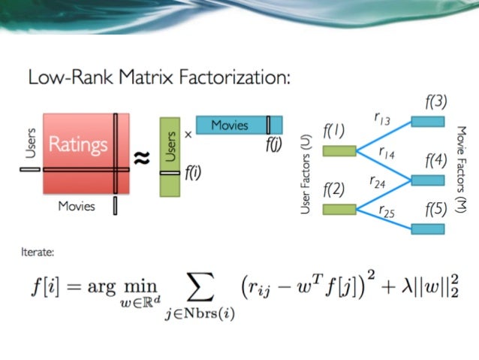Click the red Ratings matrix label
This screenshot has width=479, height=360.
tap(78, 144)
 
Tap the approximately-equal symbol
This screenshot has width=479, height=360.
tap(142, 159)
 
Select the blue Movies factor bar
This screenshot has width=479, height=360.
tap(239, 125)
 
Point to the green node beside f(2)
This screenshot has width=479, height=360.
tap(339, 209)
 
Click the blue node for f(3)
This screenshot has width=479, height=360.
tap(427, 120)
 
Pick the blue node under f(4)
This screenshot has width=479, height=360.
tap(427, 180)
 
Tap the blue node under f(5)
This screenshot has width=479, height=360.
tap(427, 228)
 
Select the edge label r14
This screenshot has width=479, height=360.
tap(386, 153)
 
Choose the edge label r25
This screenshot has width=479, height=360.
tap(386, 211)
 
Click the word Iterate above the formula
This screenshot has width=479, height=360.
tap(38, 253)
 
